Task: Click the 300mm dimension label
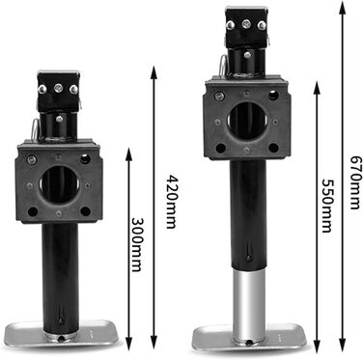[137, 245]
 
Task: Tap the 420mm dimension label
[172, 202]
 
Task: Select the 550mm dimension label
[327, 206]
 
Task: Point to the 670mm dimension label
[355, 182]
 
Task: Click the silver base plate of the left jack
[62, 332]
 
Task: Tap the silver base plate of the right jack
[250, 336]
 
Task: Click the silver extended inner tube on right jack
[249, 306]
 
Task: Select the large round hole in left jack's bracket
[60, 184]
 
